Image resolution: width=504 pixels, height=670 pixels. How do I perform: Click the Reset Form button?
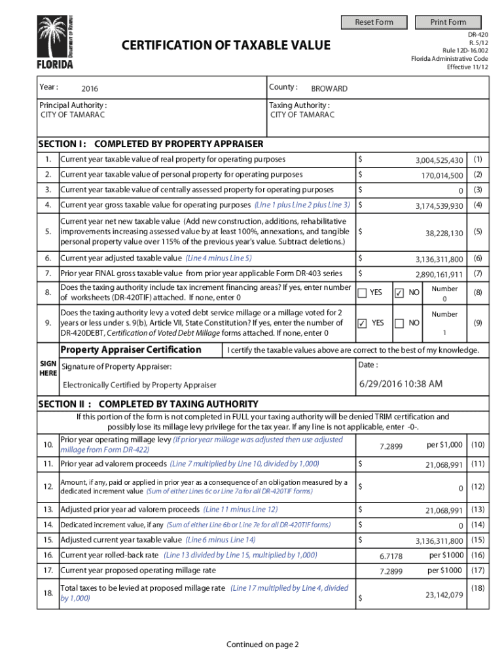374,22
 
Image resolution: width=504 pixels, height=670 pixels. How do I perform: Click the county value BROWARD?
329,89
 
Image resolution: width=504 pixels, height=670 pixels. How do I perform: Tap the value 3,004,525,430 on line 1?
439,160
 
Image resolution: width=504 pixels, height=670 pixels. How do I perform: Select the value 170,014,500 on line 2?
442,175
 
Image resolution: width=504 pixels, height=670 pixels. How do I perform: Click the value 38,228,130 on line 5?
444,233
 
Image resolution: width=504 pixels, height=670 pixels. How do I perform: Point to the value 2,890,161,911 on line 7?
439,274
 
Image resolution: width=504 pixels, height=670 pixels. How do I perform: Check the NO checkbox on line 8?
399,293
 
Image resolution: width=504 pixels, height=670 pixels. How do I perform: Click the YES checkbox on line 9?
362,323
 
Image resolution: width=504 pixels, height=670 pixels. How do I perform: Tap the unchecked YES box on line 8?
362,293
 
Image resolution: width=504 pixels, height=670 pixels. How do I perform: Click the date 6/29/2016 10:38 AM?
401,384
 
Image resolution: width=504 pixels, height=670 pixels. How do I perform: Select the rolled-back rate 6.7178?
391,556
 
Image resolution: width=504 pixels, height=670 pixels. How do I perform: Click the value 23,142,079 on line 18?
444,595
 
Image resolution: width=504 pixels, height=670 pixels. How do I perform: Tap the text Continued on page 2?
262,644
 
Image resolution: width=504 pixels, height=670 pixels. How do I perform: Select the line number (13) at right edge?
478,509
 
